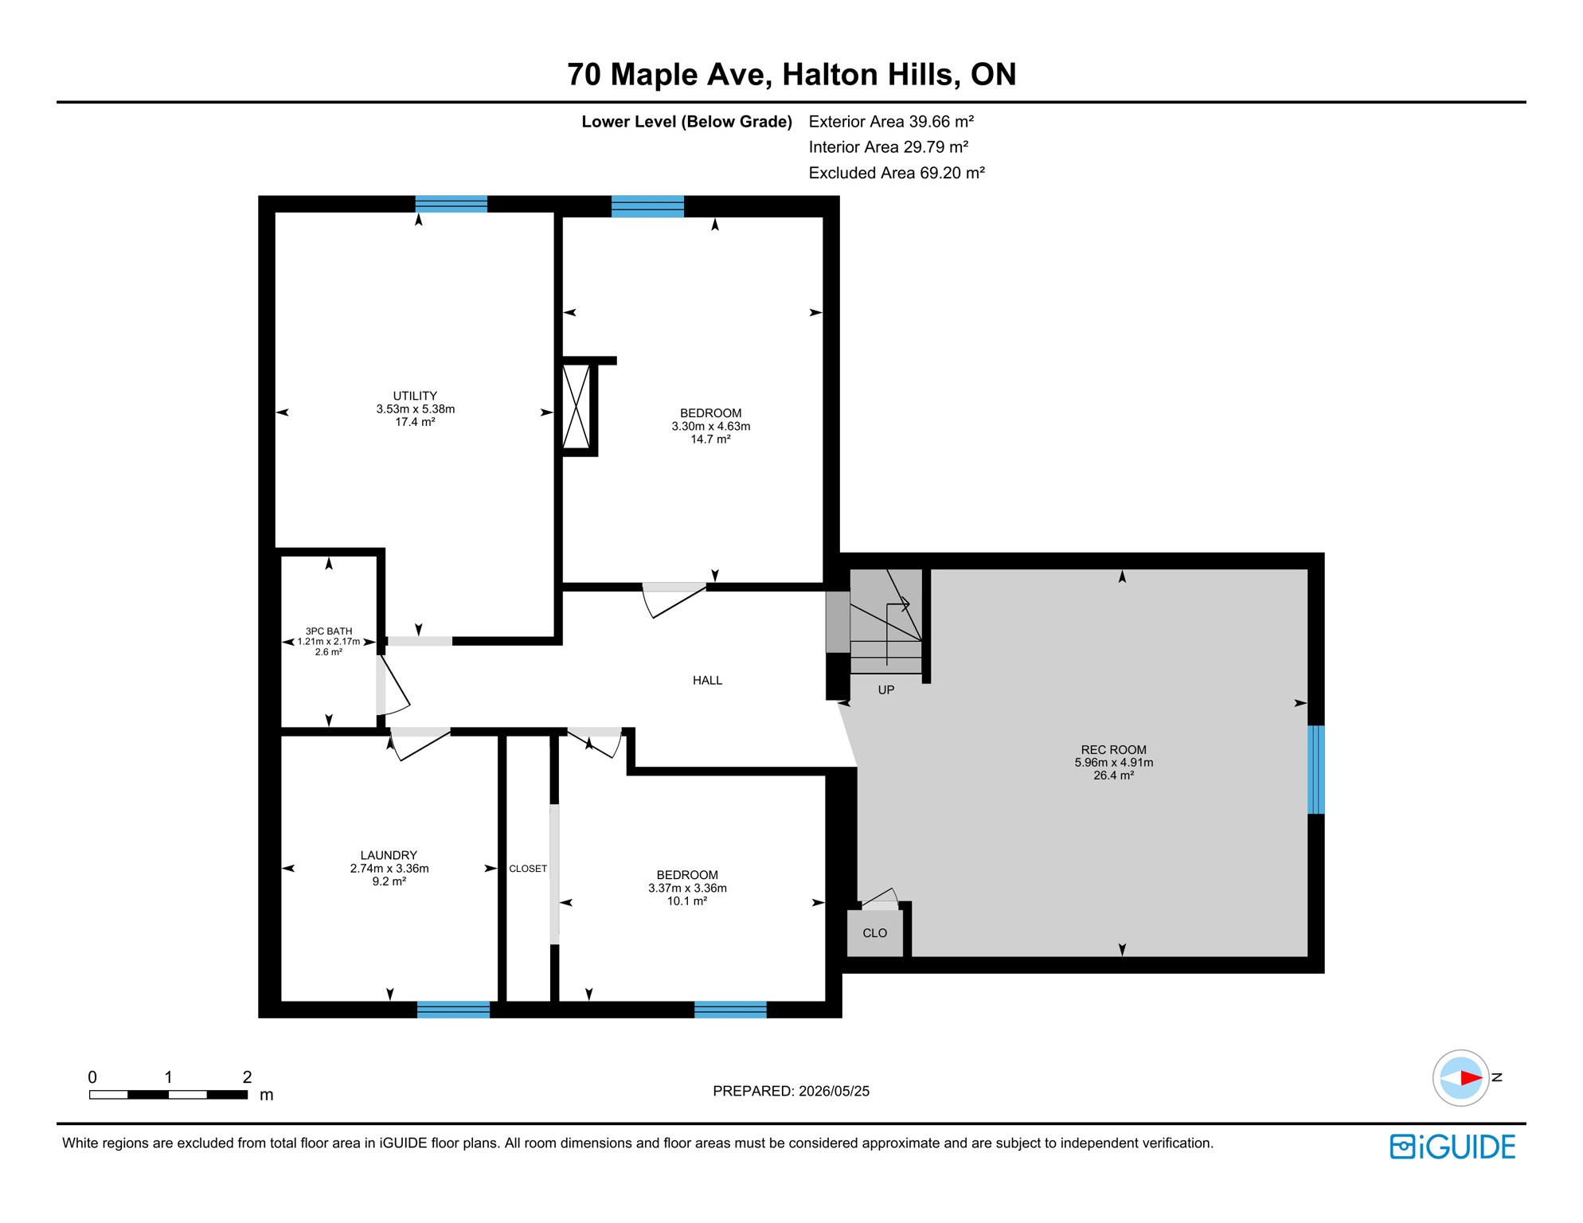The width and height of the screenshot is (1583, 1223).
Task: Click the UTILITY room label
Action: click(415, 396)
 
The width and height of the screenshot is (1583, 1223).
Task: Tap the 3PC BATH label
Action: click(329, 631)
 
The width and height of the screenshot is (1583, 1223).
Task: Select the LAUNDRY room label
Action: click(389, 855)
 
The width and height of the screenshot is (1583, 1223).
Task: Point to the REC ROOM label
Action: click(1113, 749)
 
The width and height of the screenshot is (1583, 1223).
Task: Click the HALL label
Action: click(707, 680)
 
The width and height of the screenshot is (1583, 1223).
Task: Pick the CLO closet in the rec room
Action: click(874, 932)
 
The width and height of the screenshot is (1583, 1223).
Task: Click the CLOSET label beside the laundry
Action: click(528, 869)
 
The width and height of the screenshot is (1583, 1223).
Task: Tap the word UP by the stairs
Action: click(886, 690)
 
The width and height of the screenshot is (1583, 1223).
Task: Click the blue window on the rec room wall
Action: click(1316, 769)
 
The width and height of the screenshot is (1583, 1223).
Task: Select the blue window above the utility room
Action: click(451, 204)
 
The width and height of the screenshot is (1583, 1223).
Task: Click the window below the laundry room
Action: click(453, 1010)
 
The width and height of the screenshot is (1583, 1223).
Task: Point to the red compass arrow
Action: click(1471, 1078)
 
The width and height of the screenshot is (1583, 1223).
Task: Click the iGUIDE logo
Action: click(1452, 1147)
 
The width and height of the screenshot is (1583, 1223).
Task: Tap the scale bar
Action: click(168, 1095)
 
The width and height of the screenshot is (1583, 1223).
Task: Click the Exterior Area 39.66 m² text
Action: click(891, 122)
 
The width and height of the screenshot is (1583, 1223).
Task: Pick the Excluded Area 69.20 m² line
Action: click(897, 173)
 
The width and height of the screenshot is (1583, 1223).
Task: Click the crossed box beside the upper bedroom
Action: click(577, 406)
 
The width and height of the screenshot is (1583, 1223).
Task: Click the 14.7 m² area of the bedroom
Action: click(710, 439)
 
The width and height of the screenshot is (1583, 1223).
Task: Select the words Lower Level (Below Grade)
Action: click(686, 122)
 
